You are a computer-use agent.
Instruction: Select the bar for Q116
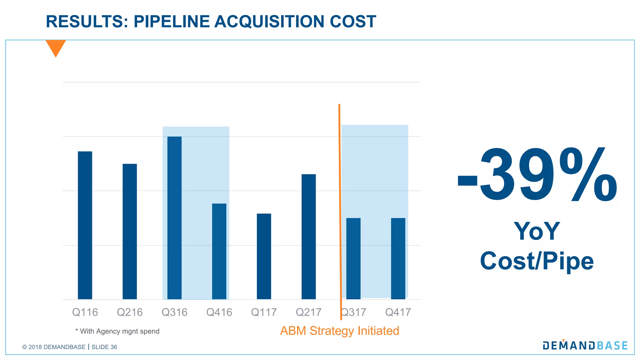point(85,225)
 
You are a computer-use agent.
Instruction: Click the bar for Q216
point(130,231)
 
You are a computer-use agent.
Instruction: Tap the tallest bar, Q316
point(174,218)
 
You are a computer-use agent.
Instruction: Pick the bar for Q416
point(219,251)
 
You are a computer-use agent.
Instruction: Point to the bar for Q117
point(264,256)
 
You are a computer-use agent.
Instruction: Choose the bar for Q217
point(308,237)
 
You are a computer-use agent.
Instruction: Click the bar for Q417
point(398,258)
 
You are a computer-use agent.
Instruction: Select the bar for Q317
point(353,258)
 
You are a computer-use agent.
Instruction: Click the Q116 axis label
point(85,312)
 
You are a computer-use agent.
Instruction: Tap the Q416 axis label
point(219,312)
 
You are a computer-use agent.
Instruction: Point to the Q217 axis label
point(308,312)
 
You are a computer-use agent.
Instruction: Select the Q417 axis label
point(398,312)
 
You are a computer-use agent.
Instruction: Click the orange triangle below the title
point(56,47)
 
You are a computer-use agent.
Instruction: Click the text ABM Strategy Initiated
point(340,331)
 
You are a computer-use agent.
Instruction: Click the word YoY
point(537,231)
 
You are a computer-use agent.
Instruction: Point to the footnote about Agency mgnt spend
point(117,331)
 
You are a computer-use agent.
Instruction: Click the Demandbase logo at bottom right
point(585,345)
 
